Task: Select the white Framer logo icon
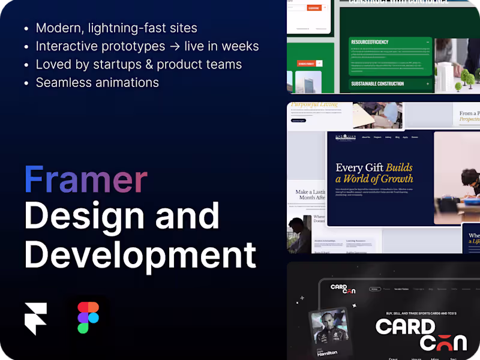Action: (x=35, y=319)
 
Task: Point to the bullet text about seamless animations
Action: (x=97, y=82)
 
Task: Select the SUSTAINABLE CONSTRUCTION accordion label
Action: (x=377, y=84)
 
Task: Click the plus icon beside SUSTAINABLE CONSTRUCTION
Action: (x=428, y=84)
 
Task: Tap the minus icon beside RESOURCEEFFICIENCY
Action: (x=428, y=43)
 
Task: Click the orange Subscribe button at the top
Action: (x=313, y=8)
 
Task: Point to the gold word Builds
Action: (x=399, y=167)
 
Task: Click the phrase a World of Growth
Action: (x=374, y=179)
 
